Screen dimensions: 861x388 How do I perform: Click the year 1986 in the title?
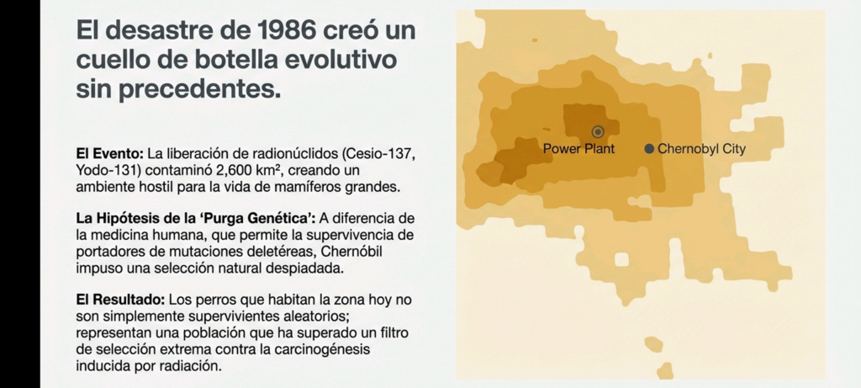[284, 30]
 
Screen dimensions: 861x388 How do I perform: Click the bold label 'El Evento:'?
[110, 153]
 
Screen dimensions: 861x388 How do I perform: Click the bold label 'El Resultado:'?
[121, 300]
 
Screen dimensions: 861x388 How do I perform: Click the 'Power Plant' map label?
[578, 148]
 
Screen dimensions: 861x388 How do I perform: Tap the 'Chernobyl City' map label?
[702, 148]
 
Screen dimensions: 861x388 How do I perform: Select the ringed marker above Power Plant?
[598, 132]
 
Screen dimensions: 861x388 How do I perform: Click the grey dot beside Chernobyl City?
[649, 148]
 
